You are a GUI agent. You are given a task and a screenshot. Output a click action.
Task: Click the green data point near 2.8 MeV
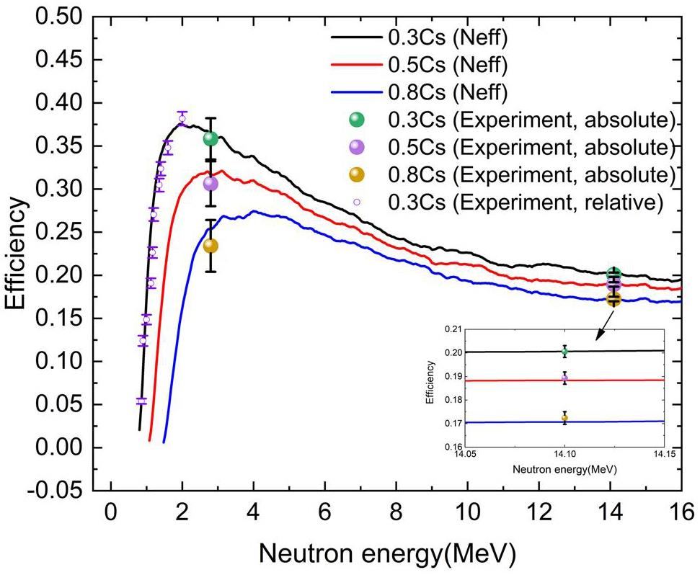point(211,138)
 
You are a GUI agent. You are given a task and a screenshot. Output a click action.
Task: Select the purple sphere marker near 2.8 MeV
point(211,183)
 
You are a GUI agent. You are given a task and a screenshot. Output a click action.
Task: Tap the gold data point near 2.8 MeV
point(211,246)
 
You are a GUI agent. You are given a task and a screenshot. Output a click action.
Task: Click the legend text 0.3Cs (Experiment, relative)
point(525,202)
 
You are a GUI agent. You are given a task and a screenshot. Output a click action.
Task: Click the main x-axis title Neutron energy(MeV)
point(387,554)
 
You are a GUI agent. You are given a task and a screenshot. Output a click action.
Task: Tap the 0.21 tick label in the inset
point(455,329)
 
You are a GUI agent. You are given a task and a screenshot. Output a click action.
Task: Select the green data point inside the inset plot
point(564,352)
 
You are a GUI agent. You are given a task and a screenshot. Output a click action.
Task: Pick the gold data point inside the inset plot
point(564,418)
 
